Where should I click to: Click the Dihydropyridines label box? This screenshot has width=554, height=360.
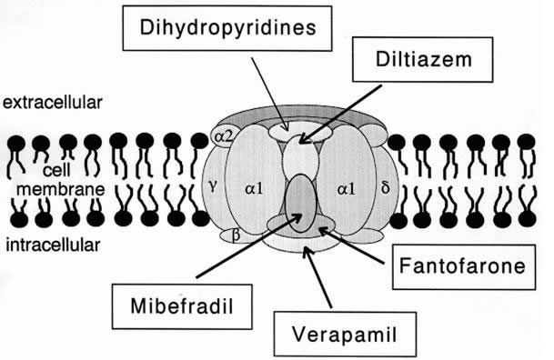pyautogui.click(x=221, y=28)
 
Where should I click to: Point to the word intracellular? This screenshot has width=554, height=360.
pyautogui.click(x=51, y=245)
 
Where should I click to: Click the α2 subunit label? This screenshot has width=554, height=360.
pyautogui.click(x=223, y=135)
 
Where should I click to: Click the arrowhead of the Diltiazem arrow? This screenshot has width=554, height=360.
pyautogui.click(x=301, y=140)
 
